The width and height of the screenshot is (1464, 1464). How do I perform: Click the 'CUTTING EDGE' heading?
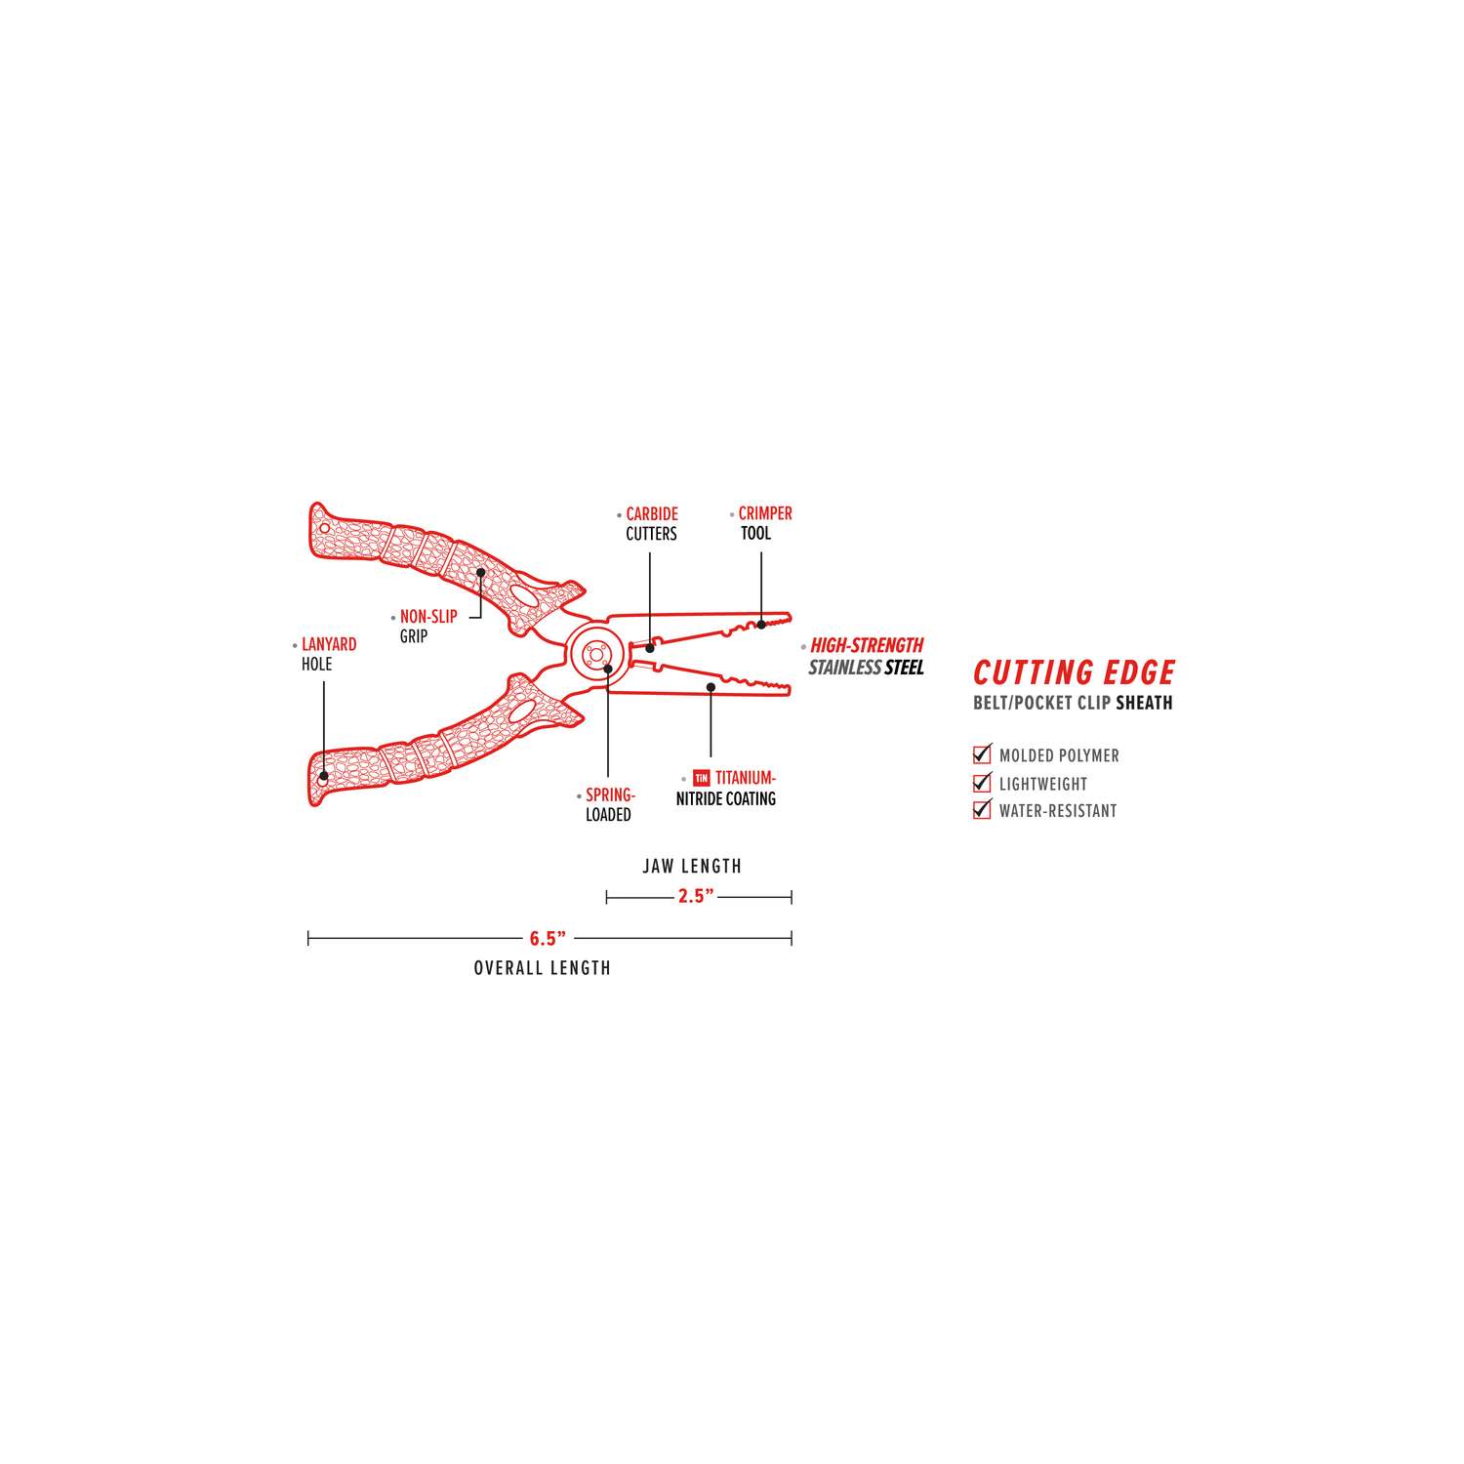click(x=1074, y=672)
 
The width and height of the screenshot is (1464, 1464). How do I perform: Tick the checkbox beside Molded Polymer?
click(x=982, y=754)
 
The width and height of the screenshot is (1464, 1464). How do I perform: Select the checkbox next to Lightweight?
click(x=982, y=783)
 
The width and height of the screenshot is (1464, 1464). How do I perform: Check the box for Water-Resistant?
click(x=982, y=810)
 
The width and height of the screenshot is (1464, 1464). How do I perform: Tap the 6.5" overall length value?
click(x=548, y=939)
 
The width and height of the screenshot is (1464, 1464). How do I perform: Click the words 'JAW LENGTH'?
click(x=692, y=866)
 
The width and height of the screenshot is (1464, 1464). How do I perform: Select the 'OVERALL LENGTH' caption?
click(x=542, y=968)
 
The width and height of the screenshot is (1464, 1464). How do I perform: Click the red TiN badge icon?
click(x=701, y=779)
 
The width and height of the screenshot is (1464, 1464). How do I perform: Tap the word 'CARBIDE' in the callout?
click(x=652, y=514)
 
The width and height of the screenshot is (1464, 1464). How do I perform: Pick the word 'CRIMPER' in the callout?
click(x=765, y=513)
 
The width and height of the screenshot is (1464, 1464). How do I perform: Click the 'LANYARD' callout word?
click(x=329, y=645)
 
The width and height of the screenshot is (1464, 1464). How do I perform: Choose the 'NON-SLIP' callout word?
click(x=428, y=617)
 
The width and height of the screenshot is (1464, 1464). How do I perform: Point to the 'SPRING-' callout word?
click(x=610, y=795)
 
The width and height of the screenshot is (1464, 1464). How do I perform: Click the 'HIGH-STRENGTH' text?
click(x=867, y=645)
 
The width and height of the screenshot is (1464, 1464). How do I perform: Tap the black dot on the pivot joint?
click(x=608, y=669)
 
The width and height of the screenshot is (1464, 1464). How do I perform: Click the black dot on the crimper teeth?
click(x=761, y=624)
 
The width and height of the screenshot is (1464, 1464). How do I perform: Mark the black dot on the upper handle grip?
click(x=481, y=573)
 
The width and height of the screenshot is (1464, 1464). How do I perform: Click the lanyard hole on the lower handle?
click(x=323, y=779)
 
